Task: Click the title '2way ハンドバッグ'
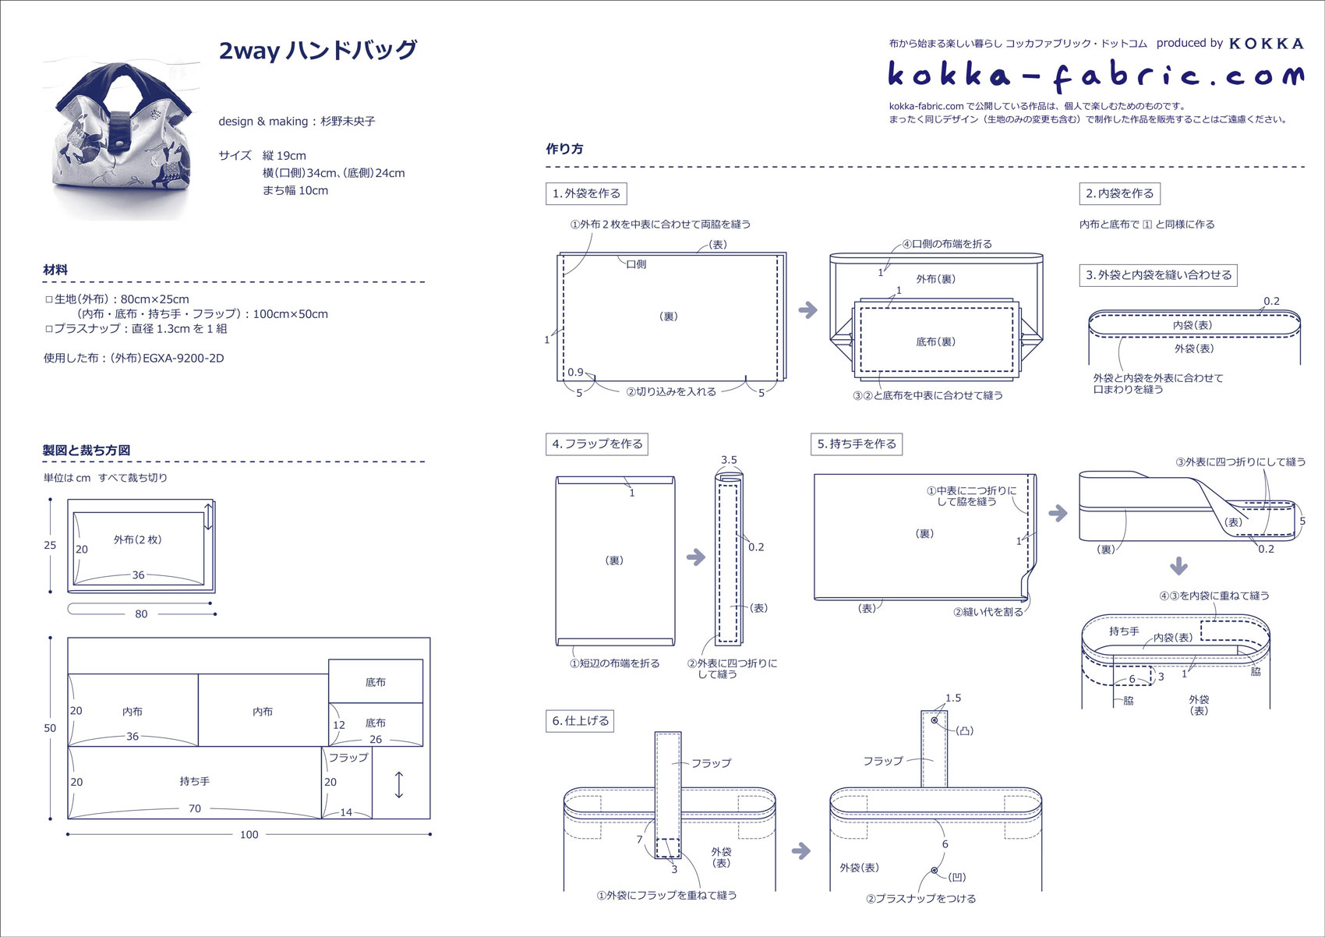click(x=318, y=51)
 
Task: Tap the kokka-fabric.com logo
click(x=1095, y=75)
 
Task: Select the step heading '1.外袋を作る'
click(x=586, y=193)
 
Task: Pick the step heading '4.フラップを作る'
click(x=597, y=444)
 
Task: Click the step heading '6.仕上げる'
click(x=580, y=720)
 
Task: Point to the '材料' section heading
click(x=55, y=270)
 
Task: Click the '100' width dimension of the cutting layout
click(x=249, y=834)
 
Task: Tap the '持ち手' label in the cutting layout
click(x=194, y=780)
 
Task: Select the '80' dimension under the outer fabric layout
click(x=141, y=613)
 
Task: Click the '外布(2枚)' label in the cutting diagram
click(x=137, y=539)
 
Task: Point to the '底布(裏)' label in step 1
click(x=935, y=341)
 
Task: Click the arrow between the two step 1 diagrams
click(x=808, y=309)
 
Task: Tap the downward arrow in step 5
click(x=1178, y=566)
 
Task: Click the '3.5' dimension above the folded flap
click(x=729, y=460)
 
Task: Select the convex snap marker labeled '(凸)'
click(x=934, y=720)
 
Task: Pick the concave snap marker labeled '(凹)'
click(x=934, y=870)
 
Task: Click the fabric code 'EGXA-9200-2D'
click(x=183, y=359)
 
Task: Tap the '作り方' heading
click(x=564, y=149)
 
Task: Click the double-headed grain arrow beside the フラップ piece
click(x=399, y=783)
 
